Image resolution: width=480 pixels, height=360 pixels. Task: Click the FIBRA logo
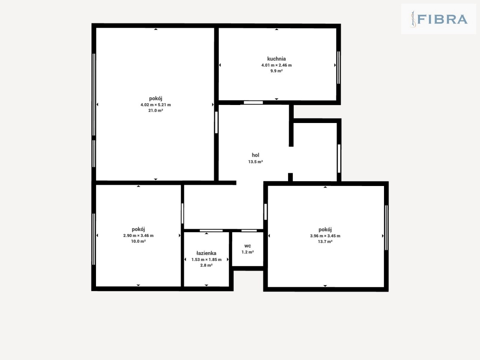click(438, 19)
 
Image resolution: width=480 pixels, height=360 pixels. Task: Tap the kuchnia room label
click(276, 59)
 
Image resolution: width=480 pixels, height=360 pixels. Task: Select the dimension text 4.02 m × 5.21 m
click(156, 105)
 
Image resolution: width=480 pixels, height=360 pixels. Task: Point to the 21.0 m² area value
click(156, 110)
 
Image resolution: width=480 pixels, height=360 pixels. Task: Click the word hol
click(255, 155)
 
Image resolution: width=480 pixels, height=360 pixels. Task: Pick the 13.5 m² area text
click(255, 162)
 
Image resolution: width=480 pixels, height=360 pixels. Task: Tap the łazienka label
click(206, 253)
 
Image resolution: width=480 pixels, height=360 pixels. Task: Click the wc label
click(247, 246)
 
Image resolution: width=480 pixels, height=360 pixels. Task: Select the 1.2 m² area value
click(247, 252)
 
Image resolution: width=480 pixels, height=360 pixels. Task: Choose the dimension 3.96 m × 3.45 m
click(325, 236)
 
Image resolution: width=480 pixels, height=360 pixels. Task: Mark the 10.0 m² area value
click(138, 241)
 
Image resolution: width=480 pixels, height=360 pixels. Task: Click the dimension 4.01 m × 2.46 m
click(276, 65)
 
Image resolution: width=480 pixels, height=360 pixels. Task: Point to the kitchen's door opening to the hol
click(253, 102)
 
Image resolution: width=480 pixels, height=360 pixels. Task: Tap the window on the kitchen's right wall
click(339, 67)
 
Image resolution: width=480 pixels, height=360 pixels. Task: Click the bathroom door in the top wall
click(211, 231)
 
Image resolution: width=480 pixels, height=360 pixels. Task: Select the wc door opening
click(249, 231)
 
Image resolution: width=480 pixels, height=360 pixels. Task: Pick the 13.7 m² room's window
click(386, 228)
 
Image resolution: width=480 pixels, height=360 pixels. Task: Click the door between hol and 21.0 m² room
click(216, 122)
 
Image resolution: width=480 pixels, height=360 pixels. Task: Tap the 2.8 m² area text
click(206, 265)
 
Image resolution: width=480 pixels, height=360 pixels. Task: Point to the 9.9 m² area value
click(276, 71)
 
